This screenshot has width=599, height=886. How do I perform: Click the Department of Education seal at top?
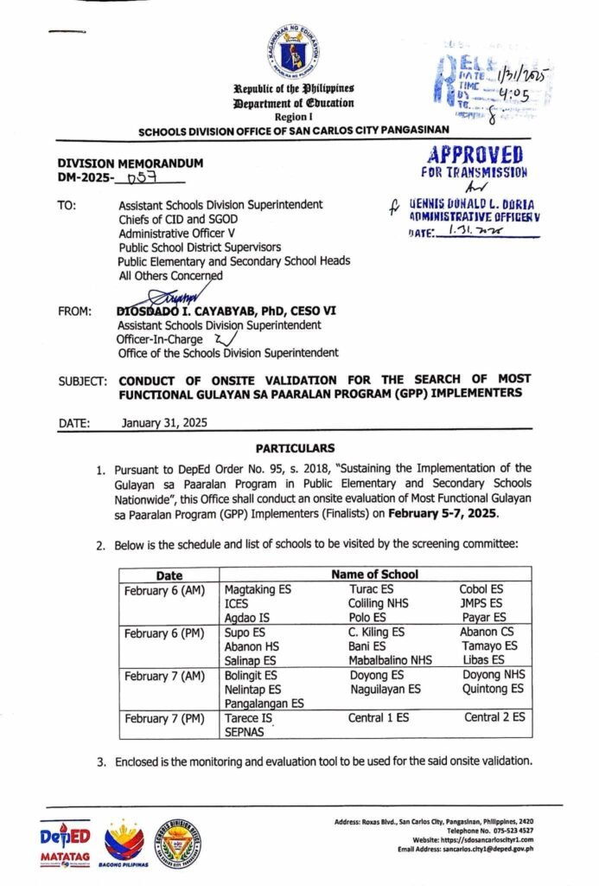click(299, 53)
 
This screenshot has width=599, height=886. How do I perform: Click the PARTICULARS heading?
click(295, 448)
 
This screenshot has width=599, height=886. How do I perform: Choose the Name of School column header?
click(375, 575)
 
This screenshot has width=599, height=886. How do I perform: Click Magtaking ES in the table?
click(256, 589)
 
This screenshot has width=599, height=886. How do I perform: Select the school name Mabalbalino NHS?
click(390, 660)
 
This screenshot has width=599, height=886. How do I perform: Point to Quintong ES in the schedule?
click(494, 689)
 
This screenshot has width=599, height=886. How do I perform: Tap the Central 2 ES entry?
click(494, 717)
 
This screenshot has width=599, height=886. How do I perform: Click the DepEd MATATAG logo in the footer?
click(66, 842)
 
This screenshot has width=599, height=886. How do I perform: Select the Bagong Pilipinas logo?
click(124, 842)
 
